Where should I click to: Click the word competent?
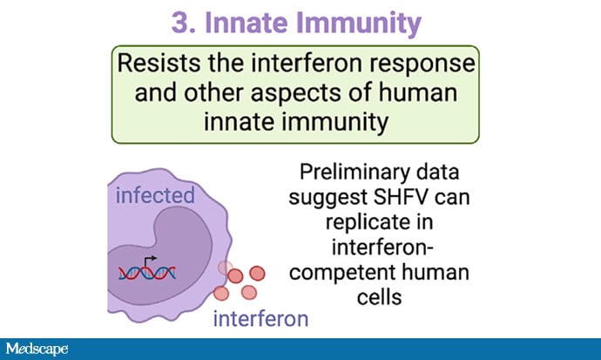(331, 273)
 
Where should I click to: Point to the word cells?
(380, 296)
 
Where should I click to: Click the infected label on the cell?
(155, 195)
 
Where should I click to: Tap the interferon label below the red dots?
(260, 318)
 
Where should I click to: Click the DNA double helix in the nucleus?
(147, 273)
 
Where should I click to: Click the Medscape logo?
(37, 349)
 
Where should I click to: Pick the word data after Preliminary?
(437, 172)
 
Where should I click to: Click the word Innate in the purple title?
(246, 23)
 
